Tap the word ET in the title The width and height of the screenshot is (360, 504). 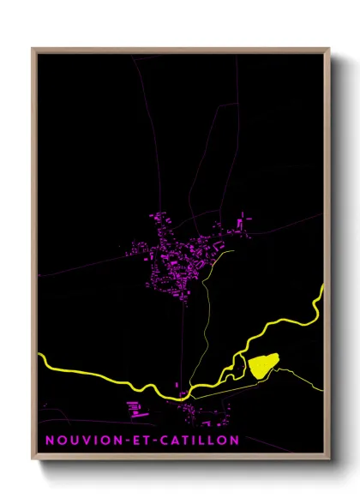point(141,440)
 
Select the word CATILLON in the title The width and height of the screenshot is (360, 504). point(199,440)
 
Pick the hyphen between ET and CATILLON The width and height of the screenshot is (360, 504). point(157,440)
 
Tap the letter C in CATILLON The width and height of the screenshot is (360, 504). point(166,440)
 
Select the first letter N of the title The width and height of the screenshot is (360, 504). point(49,440)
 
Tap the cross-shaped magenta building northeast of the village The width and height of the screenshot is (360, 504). point(239,225)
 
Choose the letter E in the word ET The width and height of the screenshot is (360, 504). point(136,440)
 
